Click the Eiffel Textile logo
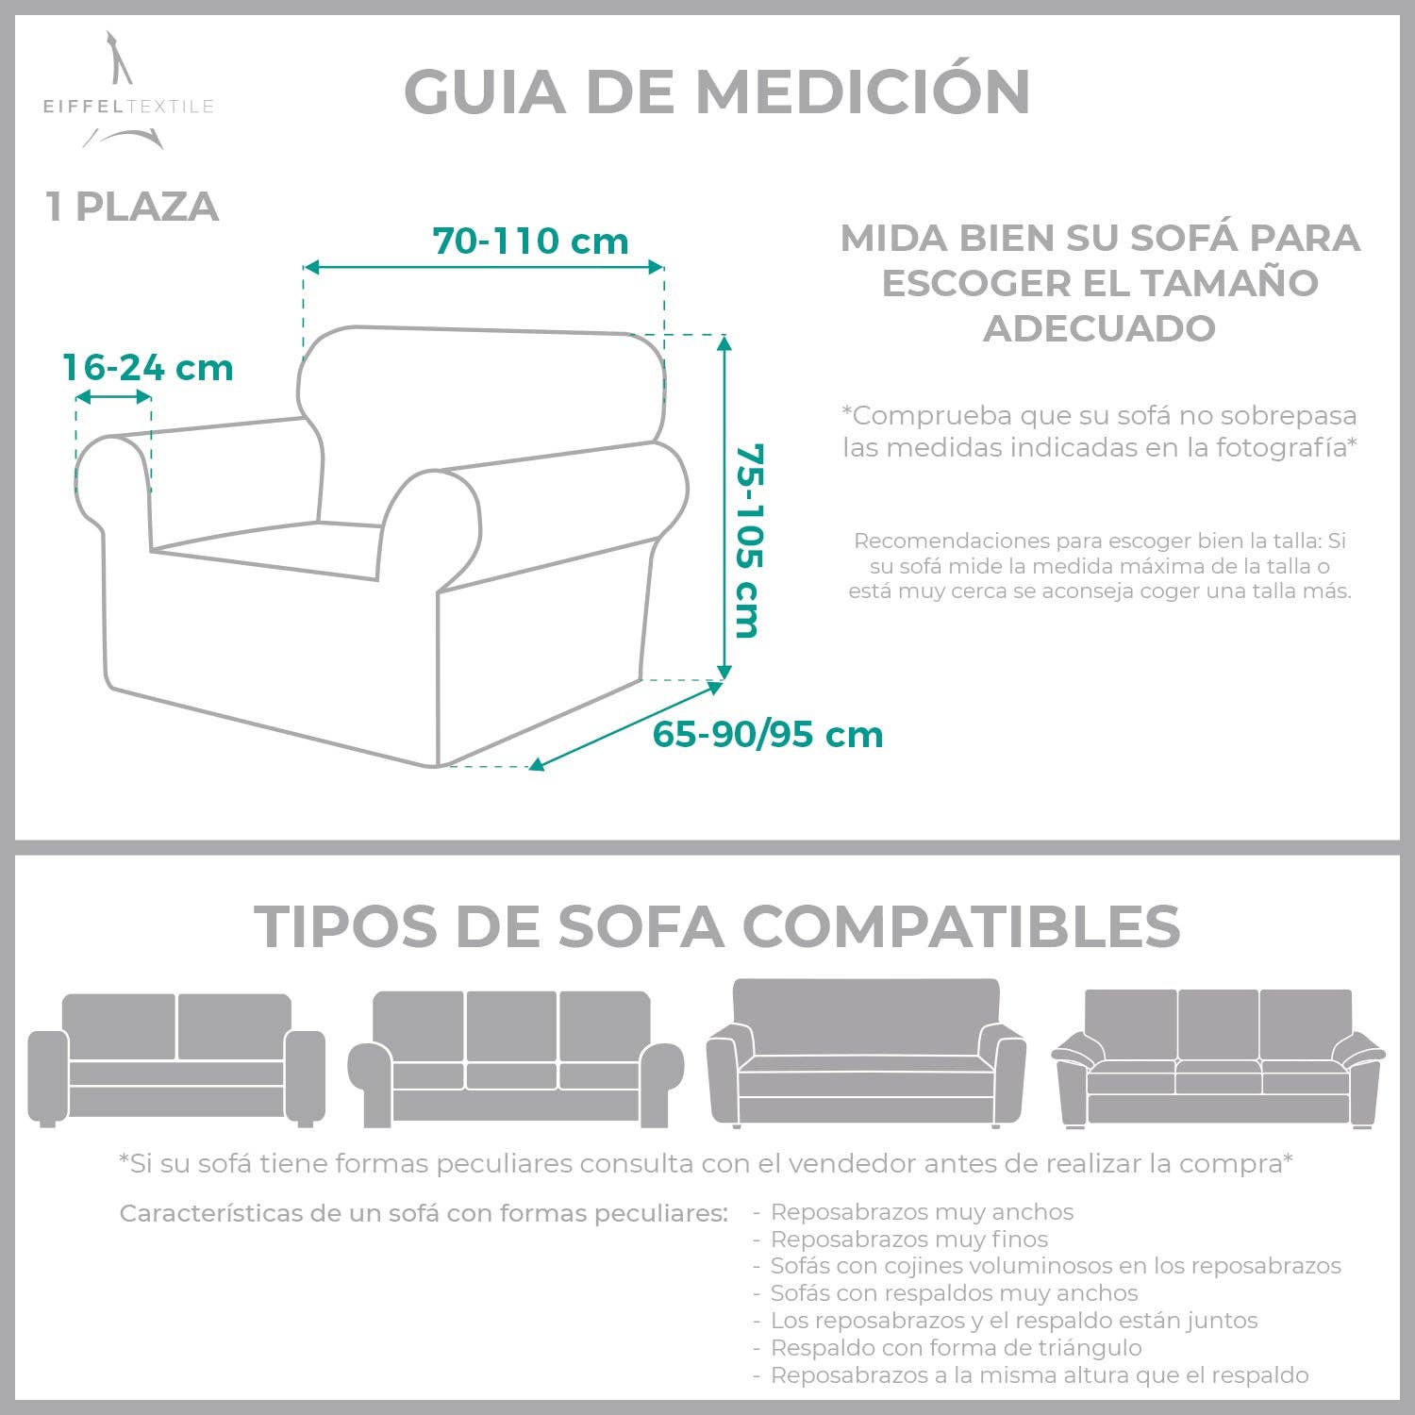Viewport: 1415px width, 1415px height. tap(128, 92)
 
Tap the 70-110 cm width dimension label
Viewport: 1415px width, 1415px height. tap(531, 241)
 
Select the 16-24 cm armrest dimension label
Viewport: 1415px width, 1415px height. tap(148, 368)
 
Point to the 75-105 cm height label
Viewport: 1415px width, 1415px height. tap(747, 541)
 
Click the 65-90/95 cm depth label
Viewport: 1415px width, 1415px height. tap(768, 735)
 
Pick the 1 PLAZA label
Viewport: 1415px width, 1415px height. tap(132, 208)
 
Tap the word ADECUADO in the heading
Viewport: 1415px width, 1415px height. tap(1100, 328)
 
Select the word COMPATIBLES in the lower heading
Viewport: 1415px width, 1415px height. tap(962, 926)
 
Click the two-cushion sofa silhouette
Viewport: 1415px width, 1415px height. tap(176, 1059)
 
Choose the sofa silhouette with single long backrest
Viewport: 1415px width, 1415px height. tap(866, 1053)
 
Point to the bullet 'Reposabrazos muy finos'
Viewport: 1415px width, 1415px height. tap(909, 1239)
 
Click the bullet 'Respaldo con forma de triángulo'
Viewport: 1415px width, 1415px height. tap(957, 1348)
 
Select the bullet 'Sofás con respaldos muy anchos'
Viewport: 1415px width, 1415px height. tap(955, 1293)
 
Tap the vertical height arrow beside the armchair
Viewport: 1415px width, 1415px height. tap(724, 508)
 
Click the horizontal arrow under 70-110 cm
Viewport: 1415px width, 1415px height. tap(484, 267)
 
